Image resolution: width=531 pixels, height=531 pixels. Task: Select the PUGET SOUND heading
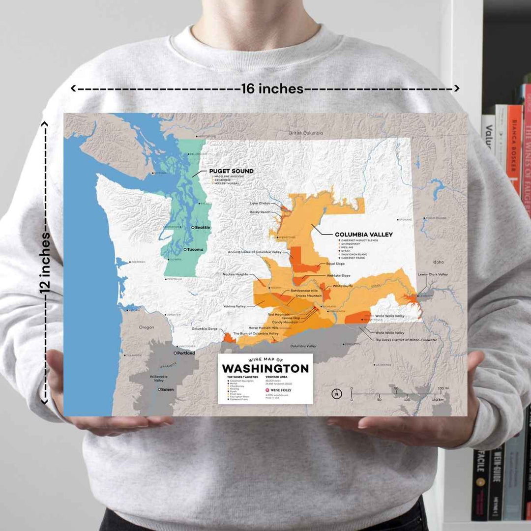[232, 171]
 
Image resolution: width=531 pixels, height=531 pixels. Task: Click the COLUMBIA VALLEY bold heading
[363, 235]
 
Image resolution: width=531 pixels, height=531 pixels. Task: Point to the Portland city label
[185, 353]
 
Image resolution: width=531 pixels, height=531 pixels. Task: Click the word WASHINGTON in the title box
[265, 369]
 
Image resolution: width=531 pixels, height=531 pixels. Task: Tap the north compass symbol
[336, 393]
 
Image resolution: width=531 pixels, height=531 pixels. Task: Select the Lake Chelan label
[260, 203]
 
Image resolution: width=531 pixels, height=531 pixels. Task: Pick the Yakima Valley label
[235, 306]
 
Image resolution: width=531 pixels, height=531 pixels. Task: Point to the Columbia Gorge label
[205, 328]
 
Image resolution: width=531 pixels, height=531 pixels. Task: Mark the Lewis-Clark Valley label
[433, 274]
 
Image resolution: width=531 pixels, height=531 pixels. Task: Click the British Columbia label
[306, 133]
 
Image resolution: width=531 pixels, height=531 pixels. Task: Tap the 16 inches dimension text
[272, 88]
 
